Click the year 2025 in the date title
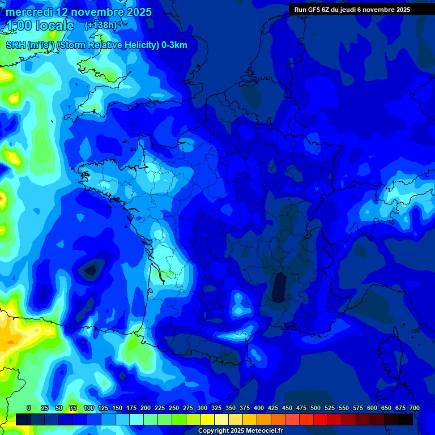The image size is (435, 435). [137, 12]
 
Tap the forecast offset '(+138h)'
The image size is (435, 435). [101, 25]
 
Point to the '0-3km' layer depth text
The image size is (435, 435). [174, 45]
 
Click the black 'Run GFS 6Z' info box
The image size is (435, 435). [361, 9]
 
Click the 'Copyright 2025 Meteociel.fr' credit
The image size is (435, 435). [240, 431]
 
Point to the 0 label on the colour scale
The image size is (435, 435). [29, 408]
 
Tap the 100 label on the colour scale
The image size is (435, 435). [89, 408]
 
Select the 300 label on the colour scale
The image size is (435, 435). [202, 408]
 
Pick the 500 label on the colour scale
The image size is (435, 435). [315, 408]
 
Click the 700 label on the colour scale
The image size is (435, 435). [414, 408]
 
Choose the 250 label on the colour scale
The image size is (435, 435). [174, 408]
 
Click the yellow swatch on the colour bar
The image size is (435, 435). [207, 419]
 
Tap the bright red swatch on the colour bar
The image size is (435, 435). [321, 419]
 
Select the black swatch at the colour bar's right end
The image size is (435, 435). [406, 419]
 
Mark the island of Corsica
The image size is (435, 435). [389, 351]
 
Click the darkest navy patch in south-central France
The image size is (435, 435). [278, 287]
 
